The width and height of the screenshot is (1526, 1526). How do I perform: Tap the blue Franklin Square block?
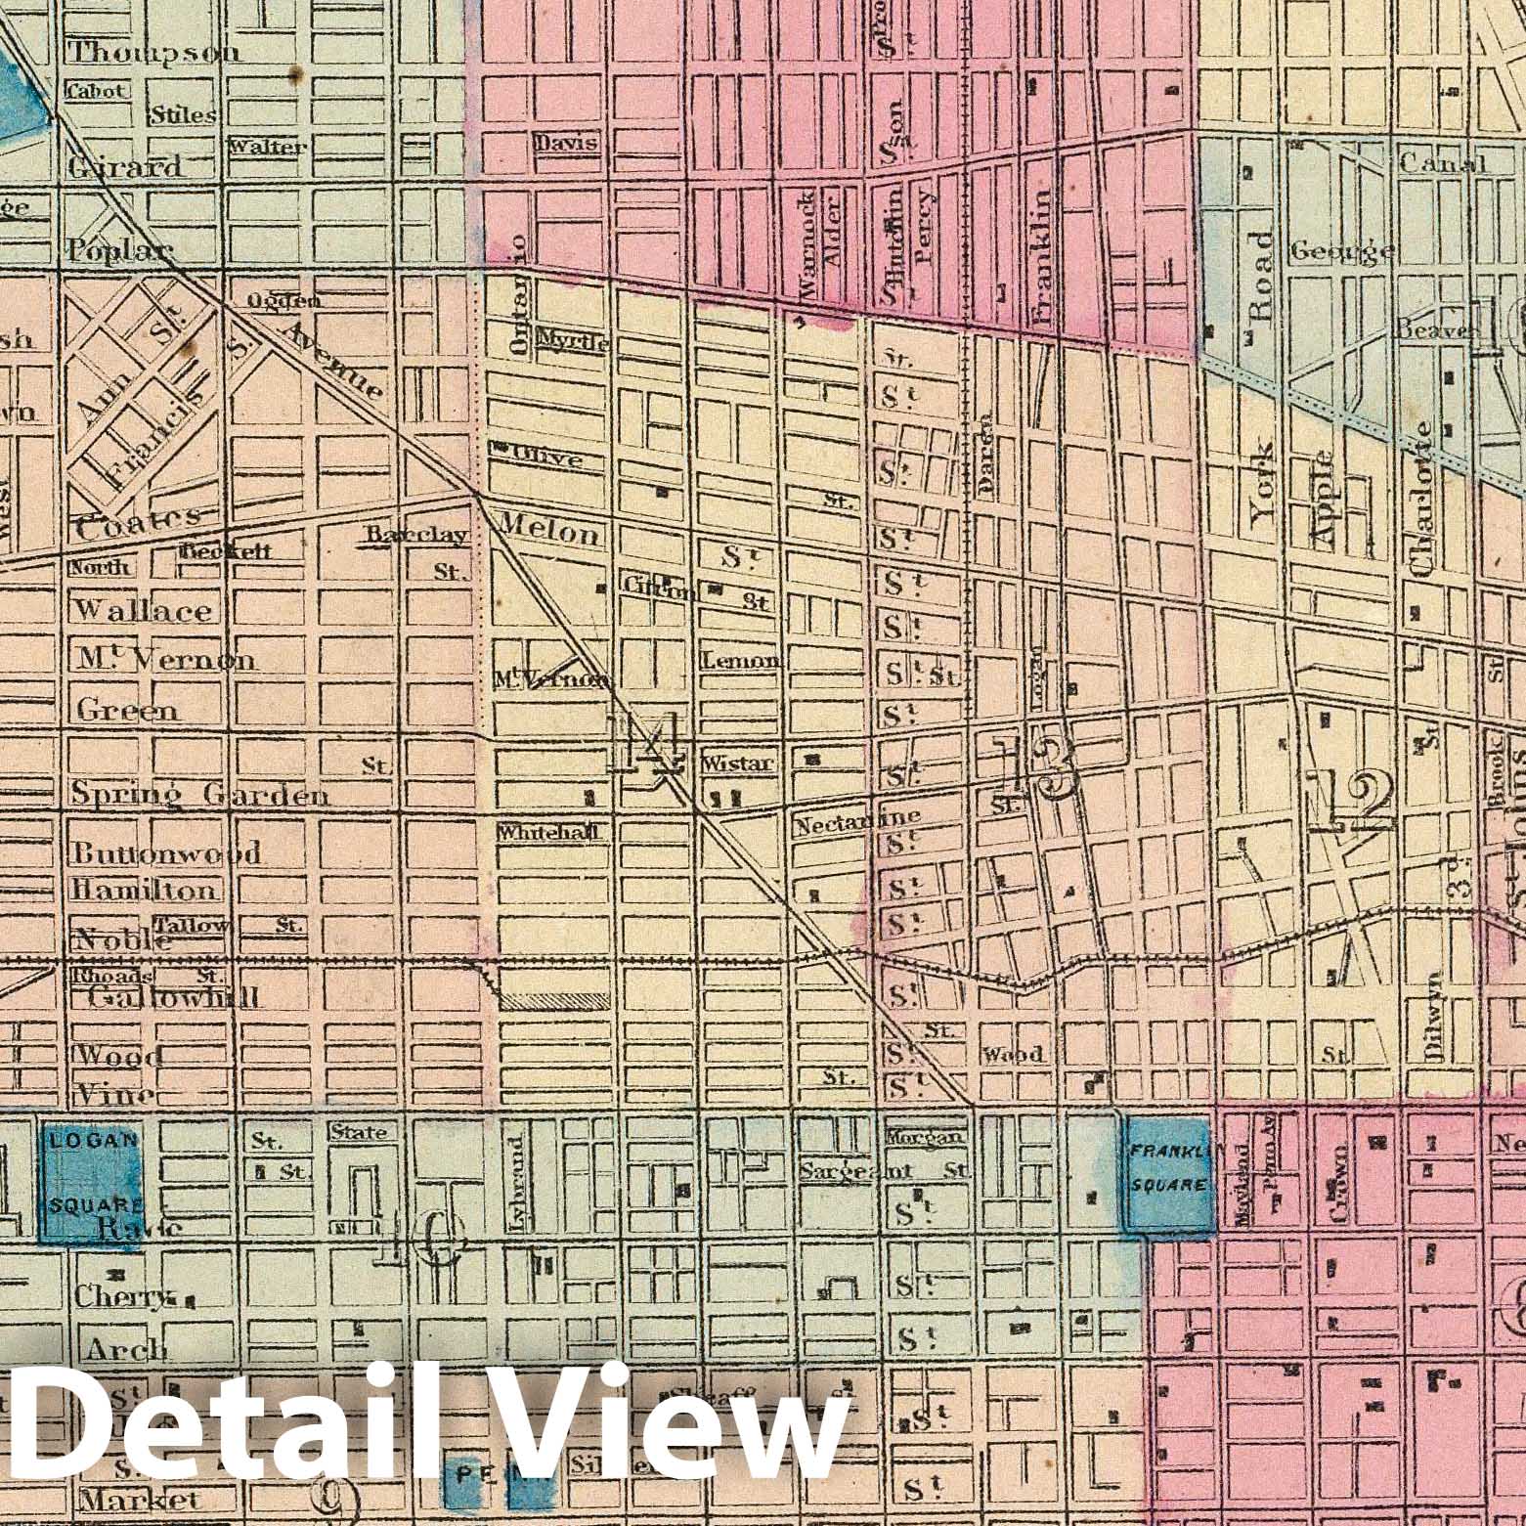[1168, 1171]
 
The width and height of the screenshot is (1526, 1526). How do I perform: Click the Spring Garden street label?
[199, 795]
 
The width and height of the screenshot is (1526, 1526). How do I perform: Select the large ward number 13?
[1033, 767]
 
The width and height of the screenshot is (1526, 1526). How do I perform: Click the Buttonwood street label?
[166, 852]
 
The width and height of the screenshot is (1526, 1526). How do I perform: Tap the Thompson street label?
[154, 53]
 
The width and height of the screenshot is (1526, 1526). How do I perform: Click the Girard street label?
[124, 167]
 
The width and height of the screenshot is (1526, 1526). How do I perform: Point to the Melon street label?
[549, 533]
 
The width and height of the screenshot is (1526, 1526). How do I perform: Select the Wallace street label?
[143, 611]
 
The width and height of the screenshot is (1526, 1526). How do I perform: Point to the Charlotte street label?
[1423, 499]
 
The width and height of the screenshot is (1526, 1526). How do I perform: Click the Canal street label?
[1442, 163]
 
